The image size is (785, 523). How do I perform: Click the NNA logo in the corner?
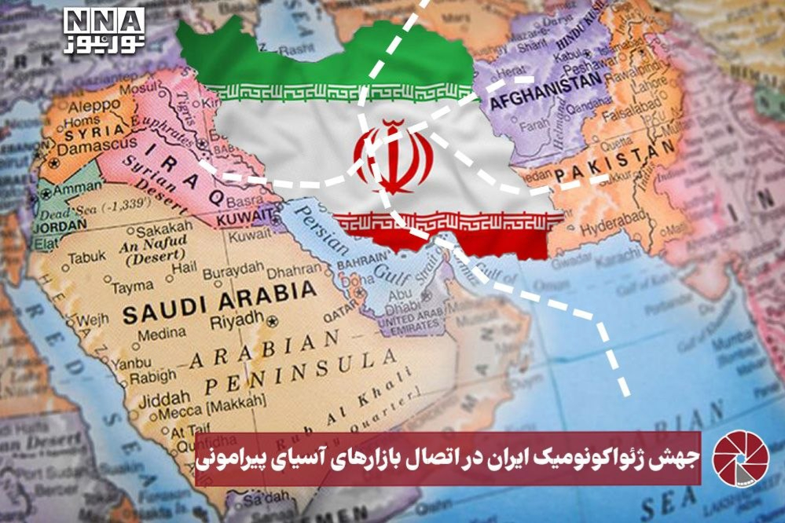(105, 31)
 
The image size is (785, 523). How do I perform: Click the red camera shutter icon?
(738, 459)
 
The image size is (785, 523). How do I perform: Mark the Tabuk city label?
(86, 257)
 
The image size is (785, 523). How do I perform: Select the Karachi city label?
(629, 256)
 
